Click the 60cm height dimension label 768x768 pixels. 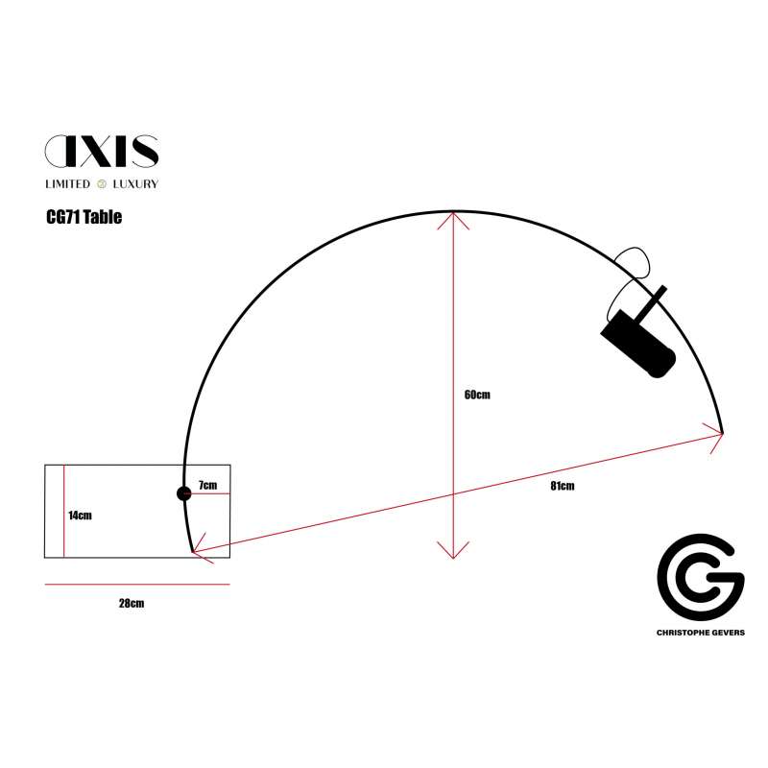(477, 395)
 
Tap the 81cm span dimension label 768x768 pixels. (563, 486)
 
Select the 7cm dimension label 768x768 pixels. (207, 485)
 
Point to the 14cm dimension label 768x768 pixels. (80, 516)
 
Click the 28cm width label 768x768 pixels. (132, 603)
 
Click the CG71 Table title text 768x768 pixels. (84, 217)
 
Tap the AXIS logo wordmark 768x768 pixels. (102, 151)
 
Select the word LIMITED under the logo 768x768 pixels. (67, 184)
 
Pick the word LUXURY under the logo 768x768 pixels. (135, 184)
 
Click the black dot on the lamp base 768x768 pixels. (183, 493)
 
